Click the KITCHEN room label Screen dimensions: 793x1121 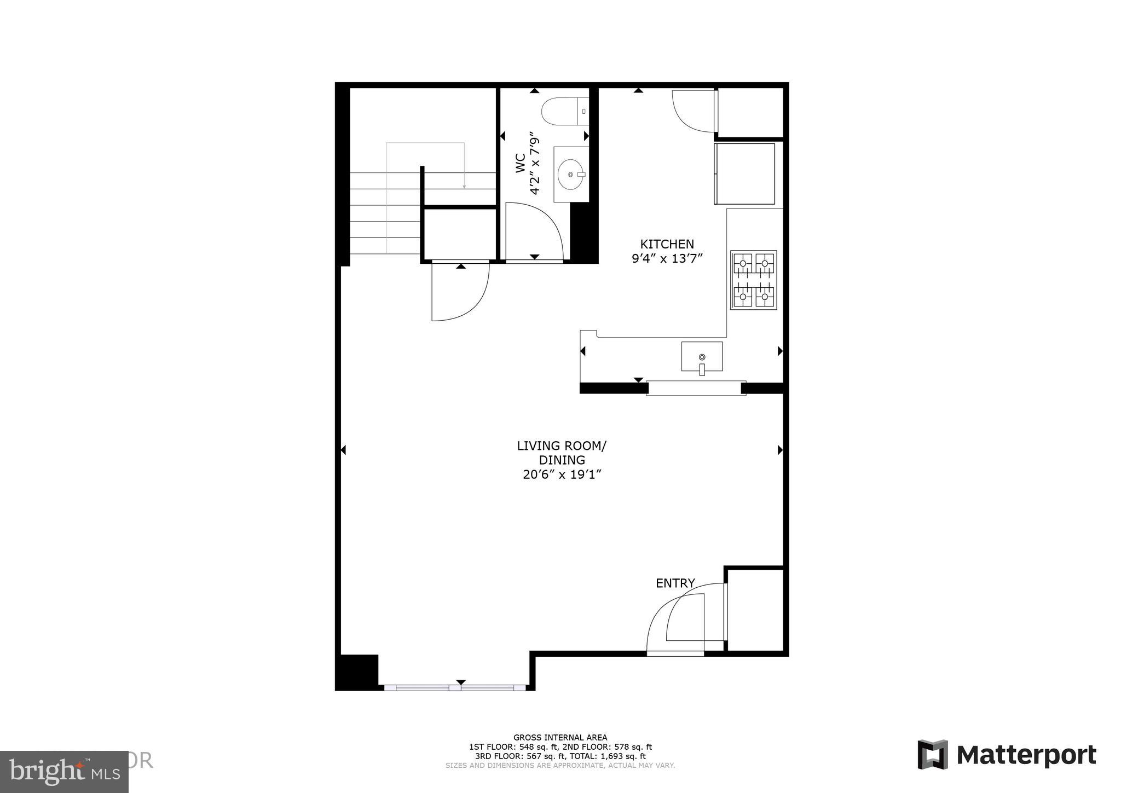[667, 244]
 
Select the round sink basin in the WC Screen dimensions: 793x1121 [571, 175]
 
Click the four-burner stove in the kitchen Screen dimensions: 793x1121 [754, 280]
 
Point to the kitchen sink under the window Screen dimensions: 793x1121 [702, 356]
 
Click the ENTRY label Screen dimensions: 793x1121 [675, 583]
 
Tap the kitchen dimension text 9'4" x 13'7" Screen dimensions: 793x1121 [667, 258]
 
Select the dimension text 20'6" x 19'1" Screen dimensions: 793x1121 [562, 474]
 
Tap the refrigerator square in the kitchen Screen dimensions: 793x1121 [744, 173]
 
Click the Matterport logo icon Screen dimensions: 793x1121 [933, 755]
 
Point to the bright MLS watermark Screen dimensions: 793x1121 [64, 771]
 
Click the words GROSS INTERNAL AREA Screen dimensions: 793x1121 [560, 737]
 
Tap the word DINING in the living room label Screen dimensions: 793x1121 [562, 460]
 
